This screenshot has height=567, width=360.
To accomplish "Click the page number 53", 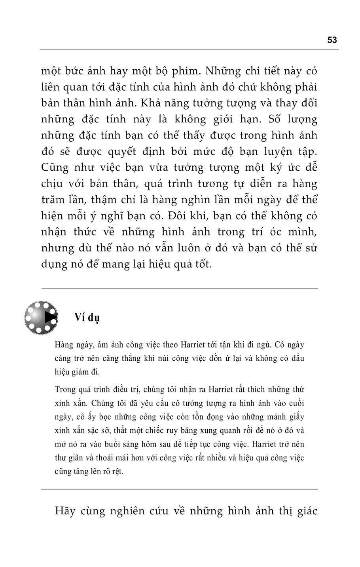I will point(332,40).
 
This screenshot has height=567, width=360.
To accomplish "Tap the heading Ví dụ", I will point(87,318).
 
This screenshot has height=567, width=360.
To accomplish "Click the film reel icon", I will point(41,318).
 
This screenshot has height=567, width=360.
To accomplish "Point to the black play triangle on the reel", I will point(49,317).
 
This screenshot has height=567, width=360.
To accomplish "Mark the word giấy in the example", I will point(296,417).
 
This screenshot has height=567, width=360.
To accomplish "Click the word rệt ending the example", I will point(117,472).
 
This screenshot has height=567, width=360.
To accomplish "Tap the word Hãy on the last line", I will point(65,511).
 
